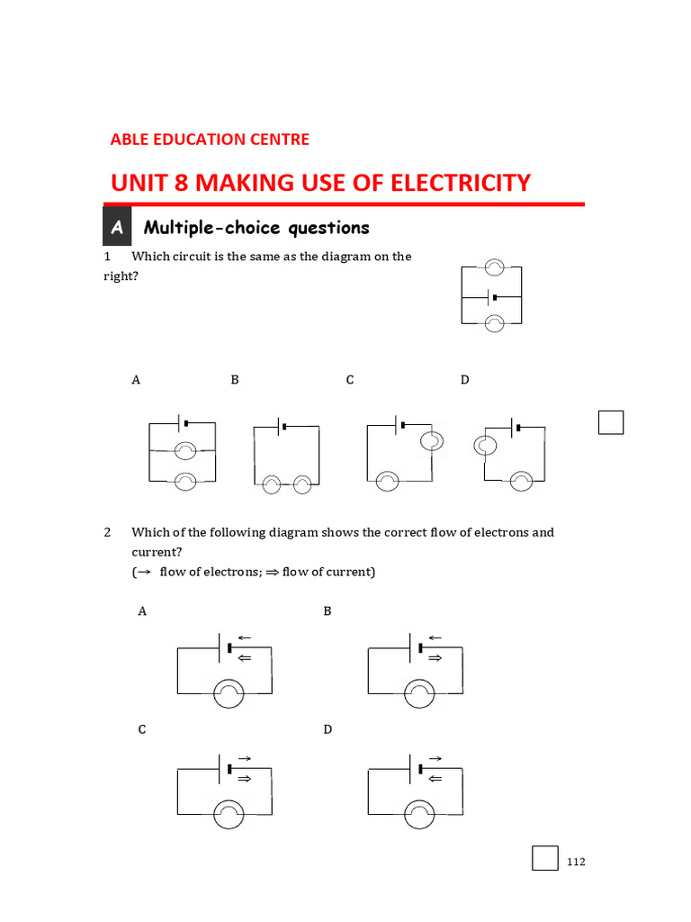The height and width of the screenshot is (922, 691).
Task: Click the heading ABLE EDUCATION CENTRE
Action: (x=210, y=140)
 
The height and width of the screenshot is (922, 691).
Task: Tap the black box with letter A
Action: (x=117, y=229)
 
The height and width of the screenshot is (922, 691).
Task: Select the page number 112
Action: (x=576, y=863)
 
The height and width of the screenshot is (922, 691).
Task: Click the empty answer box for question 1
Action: (x=611, y=421)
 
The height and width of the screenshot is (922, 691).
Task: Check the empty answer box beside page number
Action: (x=545, y=858)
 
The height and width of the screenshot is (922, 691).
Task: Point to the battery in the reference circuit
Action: (x=491, y=296)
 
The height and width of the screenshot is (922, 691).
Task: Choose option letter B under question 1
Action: (x=235, y=380)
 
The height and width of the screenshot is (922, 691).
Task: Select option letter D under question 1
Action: (x=465, y=380)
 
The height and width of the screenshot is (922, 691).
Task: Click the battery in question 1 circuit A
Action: (x=184, y=422)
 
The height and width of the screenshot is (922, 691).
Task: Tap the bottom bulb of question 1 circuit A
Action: (x=185, y=482)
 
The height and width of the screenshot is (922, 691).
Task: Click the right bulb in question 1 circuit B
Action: (x=302, y=485)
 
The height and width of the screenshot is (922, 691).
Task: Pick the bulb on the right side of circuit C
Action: (x=431, y=440)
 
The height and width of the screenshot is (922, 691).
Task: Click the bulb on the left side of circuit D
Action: (x=484, y=445)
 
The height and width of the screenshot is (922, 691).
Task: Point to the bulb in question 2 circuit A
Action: (x=228, y=693)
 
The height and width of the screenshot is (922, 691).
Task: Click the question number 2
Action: (x=107, y=532)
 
